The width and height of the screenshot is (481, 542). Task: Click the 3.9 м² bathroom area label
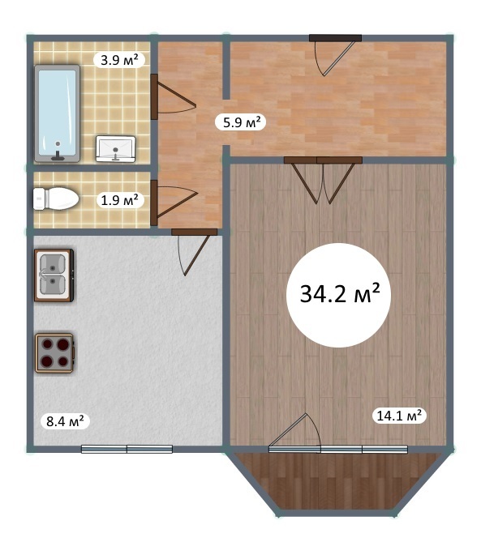pyautogui.click(x=119, y=61)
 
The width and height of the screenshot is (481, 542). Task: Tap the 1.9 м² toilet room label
pyautogui.click(x=120, y=200)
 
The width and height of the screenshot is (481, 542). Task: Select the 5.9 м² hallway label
pyautogui.click(x=240, y=122)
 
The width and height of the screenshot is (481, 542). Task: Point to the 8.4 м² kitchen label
pyautogui.click(x=65, y=421)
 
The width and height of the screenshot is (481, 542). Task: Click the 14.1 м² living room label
pyautogui.click(x=399, y=416)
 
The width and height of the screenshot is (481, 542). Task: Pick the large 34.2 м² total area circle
pyautogui.click(x=339, y=295)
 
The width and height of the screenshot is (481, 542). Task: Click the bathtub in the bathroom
pyautogui.click(x=58, y=113)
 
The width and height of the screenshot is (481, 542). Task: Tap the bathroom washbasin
pyautogui.click(x=115, y=148)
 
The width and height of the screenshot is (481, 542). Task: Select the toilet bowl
pyautogui.click(x=56, y=198)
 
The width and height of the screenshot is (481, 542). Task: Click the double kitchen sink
pyautogui.click(x=54, y=275)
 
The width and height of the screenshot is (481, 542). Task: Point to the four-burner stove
pyautogui.click(x=54, y=353)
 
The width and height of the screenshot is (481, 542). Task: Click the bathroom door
pyautogui.click(x=173, y=97)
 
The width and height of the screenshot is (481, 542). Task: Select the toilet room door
pyautogui.click(x=173, y=203)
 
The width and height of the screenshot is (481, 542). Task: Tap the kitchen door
pyautogui.click(x=194, y=252)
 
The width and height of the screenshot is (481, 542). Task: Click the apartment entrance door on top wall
pyautogui.click(x=335, y=54)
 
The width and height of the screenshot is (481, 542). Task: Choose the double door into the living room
pyautogui.click(x=323, y=180)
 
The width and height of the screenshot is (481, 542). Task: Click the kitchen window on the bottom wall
pyautogui.click(x=127, y=449)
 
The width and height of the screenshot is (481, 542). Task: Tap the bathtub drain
pyautogui.click(x=58, y=143)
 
